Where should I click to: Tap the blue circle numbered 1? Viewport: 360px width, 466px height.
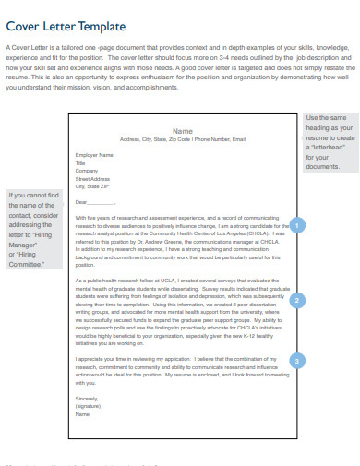point(296,223)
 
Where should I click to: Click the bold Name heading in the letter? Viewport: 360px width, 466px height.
point(183,131)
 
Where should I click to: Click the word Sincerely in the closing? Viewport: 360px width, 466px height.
point(85,398)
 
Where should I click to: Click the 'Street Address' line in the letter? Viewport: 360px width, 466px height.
point(90,178)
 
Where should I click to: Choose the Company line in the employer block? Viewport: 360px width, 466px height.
point(86,171)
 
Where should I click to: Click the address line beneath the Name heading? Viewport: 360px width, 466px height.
point(183,139)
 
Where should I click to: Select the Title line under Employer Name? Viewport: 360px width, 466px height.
point(79,163)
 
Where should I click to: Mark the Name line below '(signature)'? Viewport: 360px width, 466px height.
point(82,414)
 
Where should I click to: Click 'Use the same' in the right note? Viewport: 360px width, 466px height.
point(325,118)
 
